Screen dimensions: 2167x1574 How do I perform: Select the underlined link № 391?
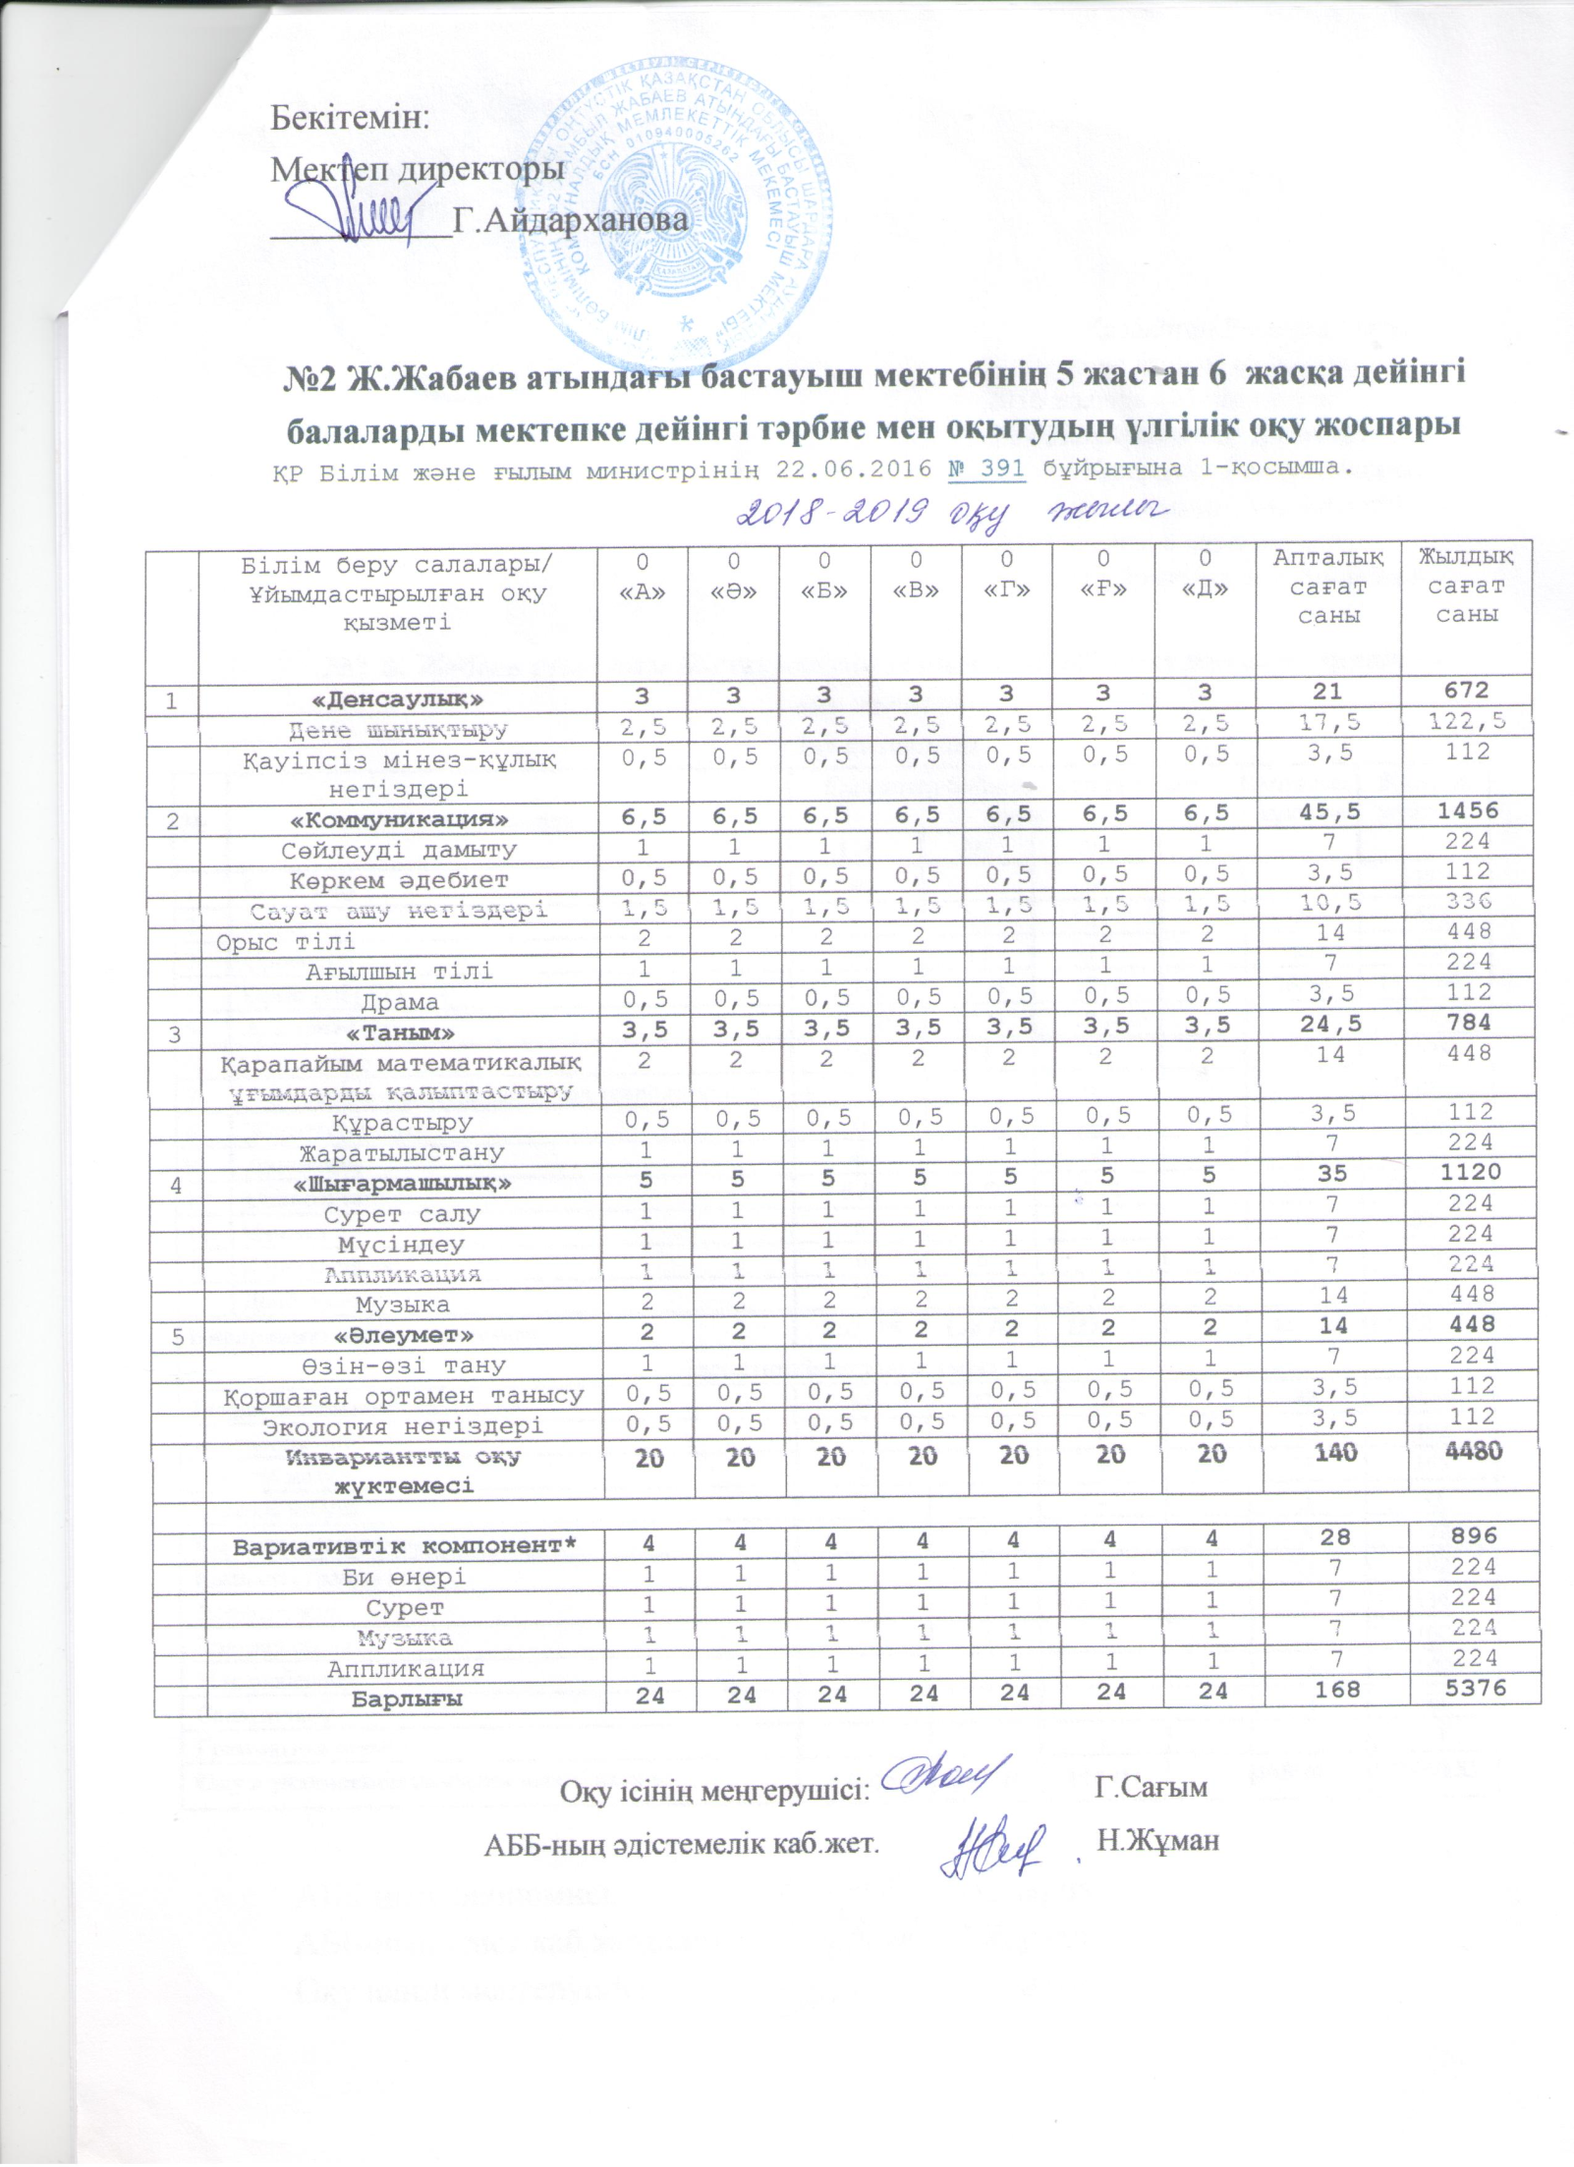pyautogui.click(x=986, y=469)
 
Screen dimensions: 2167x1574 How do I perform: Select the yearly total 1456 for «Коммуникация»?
pyautogui.click(x=1466, y=811)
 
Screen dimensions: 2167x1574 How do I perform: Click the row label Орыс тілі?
pyautogui.click(x=286, y=941)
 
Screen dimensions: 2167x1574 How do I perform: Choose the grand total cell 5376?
pyautogui.click(x=1466, y=1689)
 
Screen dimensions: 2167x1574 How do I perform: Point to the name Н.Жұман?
pyautogui.click(x=1157, y=1839)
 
